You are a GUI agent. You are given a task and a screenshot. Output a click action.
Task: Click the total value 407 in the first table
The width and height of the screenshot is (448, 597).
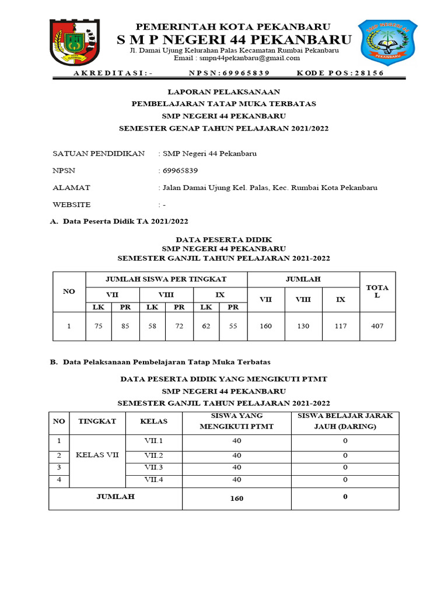(377, 326)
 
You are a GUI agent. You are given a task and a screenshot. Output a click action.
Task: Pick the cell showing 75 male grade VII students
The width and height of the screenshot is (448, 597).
(99, 326)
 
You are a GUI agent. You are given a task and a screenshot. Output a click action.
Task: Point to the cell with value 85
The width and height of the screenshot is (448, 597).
(125, 326)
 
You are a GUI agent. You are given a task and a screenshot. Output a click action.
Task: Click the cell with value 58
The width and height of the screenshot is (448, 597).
(152, 326)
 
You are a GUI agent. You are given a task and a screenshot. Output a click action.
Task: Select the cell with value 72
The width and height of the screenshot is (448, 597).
(179, 326)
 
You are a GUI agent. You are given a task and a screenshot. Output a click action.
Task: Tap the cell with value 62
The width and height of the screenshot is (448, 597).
(206, 326)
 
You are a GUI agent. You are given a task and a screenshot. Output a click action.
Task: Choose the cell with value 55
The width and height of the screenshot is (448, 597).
(233, 326)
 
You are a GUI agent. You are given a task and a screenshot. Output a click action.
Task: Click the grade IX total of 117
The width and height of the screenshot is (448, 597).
(341, 326)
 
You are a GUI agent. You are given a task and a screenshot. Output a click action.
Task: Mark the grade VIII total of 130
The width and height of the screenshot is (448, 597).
(303, 326)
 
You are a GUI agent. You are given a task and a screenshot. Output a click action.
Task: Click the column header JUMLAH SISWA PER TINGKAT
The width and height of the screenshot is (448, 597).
(167, 279)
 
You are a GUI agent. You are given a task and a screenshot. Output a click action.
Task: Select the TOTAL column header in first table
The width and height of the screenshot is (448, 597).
(377, 292)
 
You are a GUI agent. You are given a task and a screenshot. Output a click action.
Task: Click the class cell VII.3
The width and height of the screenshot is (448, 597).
(154, 468)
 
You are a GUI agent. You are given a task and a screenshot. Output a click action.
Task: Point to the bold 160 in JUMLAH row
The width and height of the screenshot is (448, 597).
(236, 498)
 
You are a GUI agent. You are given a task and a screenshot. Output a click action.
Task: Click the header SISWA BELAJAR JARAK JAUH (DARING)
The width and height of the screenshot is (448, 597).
(345, 421)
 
